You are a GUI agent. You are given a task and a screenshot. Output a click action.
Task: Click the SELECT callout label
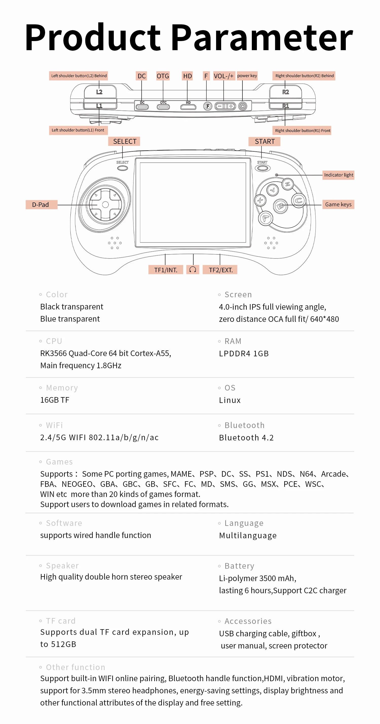tap(124, 141)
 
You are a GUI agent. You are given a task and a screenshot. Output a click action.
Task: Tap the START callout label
tap(264, 141)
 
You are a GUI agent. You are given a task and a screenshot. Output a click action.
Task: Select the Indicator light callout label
tap(338, 175)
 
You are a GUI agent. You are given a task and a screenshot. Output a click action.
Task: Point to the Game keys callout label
tap(338, 204)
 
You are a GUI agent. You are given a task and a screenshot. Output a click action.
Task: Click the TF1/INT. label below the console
tap(165, 270)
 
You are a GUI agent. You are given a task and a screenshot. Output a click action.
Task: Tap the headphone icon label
tap(193, 270)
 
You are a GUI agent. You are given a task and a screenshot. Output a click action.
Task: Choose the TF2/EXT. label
tap(220, 270)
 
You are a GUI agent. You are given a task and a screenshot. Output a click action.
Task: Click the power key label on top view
tap(247, 76)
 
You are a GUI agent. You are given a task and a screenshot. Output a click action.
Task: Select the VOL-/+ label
tap(224, 76)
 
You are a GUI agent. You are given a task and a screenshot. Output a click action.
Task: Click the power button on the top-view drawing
tap(242, 106)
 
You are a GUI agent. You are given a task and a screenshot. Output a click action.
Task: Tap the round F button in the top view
tap(207, 106)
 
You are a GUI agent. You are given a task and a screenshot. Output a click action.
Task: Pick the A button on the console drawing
tap(265, 218)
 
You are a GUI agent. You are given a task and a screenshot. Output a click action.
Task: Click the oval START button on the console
tap(262, 168)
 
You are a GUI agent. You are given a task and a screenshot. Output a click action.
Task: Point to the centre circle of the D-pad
tap(105, 205)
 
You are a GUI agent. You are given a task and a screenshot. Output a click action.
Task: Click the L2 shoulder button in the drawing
tap(100, 92)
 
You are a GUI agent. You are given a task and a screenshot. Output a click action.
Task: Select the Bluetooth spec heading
tap(244, 425)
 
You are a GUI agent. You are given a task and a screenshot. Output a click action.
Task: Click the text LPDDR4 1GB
tap(244, 354)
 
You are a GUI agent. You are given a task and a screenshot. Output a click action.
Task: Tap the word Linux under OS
tap(230, 400)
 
